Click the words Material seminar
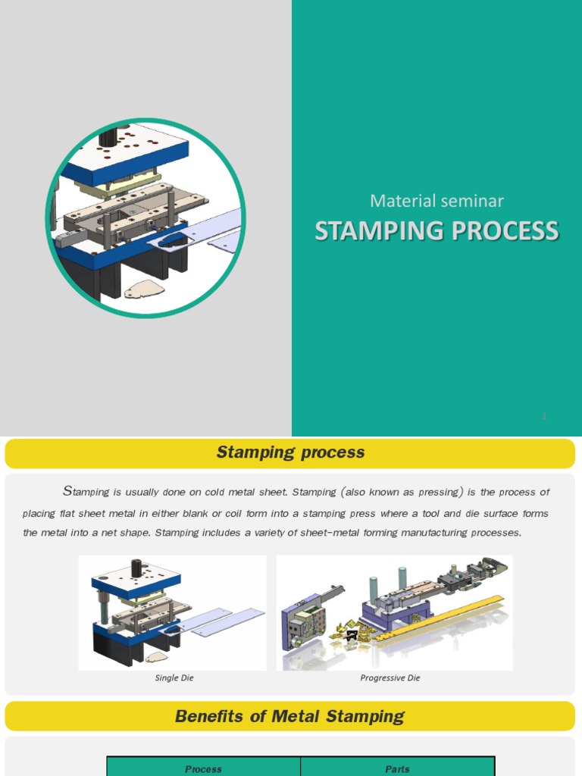(436, 201)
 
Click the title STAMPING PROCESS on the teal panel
(436, 231)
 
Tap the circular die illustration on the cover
(145, 217)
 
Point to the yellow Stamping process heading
(290, 452)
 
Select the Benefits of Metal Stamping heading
(290, 716)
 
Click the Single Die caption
(174, 677)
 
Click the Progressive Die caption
(390, 677)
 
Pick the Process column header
(203, 768)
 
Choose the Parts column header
(397, 768)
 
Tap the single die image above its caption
(172, 612)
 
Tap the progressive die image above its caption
(394, 612)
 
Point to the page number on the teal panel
(544, 416)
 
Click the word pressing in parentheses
(437, 492)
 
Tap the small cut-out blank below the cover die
(144, 289)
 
